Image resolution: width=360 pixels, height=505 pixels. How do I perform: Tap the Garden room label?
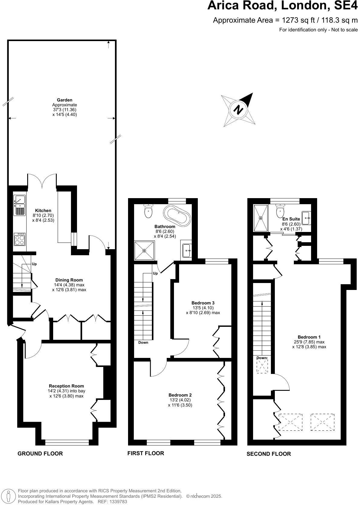pyautogui.click(x=65, y=100)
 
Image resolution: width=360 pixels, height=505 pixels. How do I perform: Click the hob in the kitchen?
pyautogui.click(x=20, y=240)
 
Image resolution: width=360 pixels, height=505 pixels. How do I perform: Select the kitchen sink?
pyautogui.click(x=20, y=205)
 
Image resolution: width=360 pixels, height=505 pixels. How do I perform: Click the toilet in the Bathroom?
pyautogui.click(x=148, y=211)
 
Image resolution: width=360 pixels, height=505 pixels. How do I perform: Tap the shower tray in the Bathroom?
pyautogui.click(x=144, y=250)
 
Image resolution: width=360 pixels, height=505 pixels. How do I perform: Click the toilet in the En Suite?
pyautogui.click(x=280, y=210)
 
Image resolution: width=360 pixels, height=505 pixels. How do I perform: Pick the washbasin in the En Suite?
pyautogui.click(x=306, y=217)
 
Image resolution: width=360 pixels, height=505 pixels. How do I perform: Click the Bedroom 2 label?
pyautogui.click(x=180, y=395)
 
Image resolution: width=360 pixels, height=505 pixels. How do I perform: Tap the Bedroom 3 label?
pyautogui.click(x=203, y=303)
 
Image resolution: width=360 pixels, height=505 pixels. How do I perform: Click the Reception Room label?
pyautogui.click(x=66, y=386)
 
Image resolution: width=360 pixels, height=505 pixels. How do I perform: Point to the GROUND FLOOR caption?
pyautogui.click(x=40, y=453)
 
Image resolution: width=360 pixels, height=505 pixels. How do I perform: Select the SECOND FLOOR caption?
pyautogui.click(x=268, y=454)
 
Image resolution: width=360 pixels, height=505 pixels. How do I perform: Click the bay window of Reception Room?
pyautogui.click(x=67, y=442)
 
